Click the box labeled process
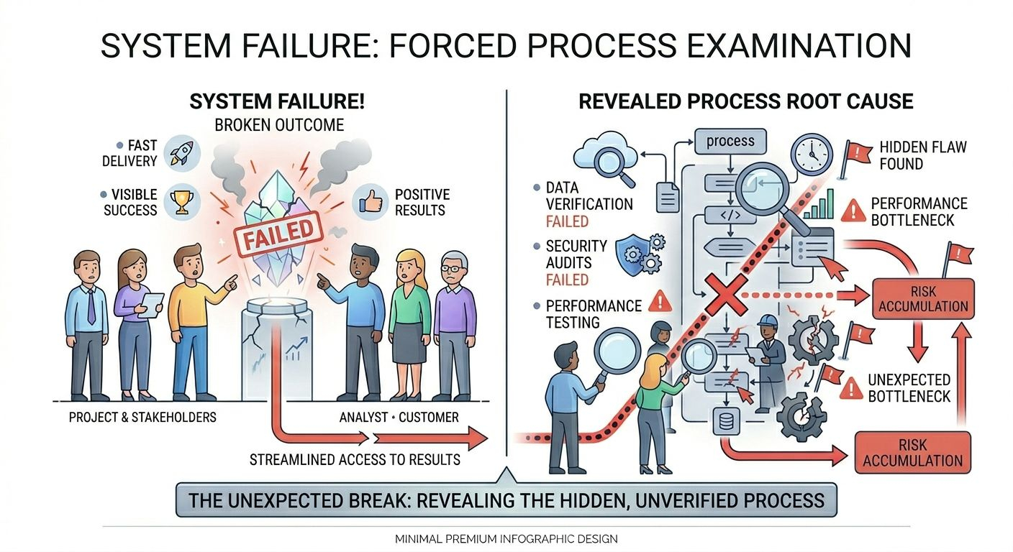pos(730,141)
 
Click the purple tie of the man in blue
pos(91,306)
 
